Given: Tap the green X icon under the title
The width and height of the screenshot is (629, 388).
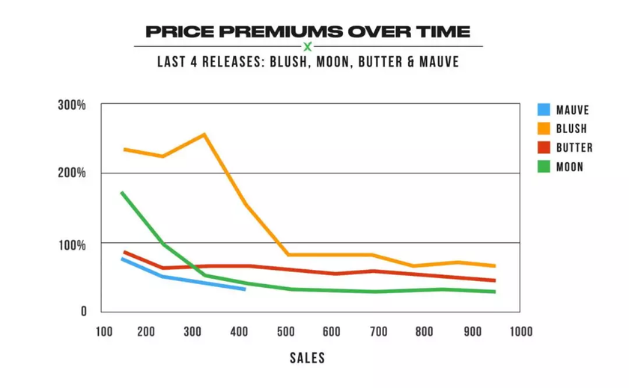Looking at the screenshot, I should [x=307, y=47].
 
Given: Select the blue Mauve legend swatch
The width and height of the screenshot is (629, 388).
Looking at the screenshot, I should [x=544, y=110].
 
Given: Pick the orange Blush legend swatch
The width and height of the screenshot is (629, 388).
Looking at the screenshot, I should [x=544, y=129].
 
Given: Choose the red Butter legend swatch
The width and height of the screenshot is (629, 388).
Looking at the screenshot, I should [x=544, y=147].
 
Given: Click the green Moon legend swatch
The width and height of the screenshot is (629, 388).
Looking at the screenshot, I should [x=544, y=166].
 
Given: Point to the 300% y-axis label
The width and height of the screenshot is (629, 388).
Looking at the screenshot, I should [x=73, y=105].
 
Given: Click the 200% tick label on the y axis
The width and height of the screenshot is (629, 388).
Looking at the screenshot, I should [x=73, y=173].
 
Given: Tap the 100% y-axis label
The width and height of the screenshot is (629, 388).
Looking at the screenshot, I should [x=73, y=244].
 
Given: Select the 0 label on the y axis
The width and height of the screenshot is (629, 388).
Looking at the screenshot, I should [x=85, y=311].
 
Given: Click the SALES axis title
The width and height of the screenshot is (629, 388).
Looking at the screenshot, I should [x=308, y=358].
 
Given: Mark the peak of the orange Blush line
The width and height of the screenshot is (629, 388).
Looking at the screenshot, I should [x=204, y=135].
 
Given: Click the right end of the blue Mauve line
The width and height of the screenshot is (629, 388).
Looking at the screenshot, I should [x=244, y=289].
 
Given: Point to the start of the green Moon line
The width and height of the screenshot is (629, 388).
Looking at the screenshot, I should [x=121, y=193].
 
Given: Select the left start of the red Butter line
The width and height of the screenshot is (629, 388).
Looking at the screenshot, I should [x=124, y=252].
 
